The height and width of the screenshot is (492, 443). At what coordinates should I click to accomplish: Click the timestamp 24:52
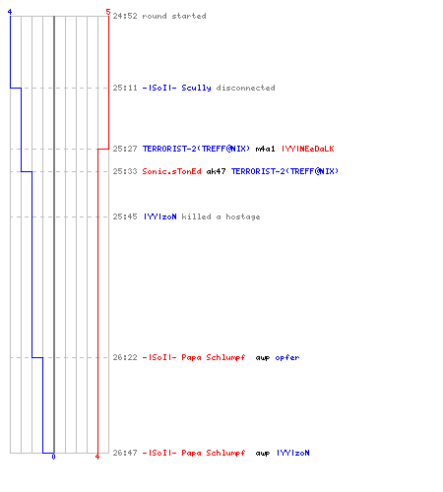125,16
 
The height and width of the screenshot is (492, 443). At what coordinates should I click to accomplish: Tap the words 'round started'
174,16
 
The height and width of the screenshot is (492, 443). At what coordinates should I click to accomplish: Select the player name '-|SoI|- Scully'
176,88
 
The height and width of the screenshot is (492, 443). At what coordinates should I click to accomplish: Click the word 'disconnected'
245,88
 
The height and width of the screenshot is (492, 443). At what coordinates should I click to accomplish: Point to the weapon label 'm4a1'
265,149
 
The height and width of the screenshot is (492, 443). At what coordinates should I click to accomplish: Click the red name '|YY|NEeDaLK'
308,149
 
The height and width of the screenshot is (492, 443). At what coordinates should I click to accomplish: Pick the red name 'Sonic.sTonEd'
171,171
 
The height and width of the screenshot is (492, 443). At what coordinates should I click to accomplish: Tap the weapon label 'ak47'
216,171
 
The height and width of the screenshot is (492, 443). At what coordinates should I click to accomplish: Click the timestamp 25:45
125,216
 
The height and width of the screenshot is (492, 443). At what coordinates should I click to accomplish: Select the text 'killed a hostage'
221,216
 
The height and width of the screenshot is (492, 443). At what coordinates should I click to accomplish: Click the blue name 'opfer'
287,357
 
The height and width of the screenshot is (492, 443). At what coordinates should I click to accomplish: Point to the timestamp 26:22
125,357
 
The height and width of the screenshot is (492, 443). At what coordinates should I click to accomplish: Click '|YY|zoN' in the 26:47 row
293,453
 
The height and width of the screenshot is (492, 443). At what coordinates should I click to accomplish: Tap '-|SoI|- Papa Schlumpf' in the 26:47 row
194,453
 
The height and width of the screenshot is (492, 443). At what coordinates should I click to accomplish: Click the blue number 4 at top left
10,12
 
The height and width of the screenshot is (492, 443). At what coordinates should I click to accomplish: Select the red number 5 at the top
108,12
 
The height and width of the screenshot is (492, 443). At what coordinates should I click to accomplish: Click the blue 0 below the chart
53,457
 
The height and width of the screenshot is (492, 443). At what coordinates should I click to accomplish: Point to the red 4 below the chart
97,457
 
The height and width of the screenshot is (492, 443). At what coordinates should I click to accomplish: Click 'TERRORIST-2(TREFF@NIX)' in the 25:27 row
196,149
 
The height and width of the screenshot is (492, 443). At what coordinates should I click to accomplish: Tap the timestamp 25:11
125,88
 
